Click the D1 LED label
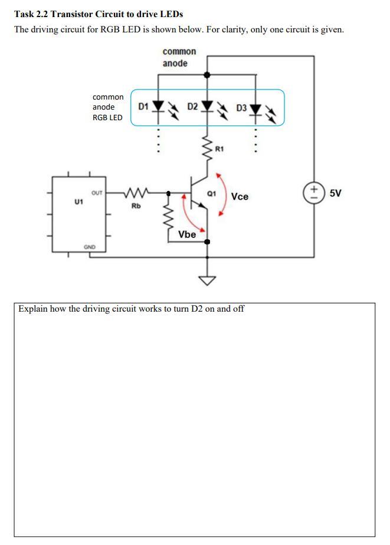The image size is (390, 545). pos(142,107)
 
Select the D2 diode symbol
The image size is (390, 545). pos(207,107)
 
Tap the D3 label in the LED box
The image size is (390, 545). pos(241,108)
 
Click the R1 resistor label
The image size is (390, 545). pos(219,150)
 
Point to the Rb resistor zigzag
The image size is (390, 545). pos(137,192)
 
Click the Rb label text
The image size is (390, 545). pos(136,206)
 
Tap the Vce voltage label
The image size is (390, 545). pos(240,196)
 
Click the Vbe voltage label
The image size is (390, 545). pos(187,234)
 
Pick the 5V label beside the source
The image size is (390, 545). pos(335,193)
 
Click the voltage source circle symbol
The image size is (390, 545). pos(313,192)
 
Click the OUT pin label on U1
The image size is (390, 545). pos(97,193)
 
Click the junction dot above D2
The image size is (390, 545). pos(207,75)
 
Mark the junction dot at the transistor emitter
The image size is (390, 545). pos(207,242)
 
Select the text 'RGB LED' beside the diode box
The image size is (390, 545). pos(107,117)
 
